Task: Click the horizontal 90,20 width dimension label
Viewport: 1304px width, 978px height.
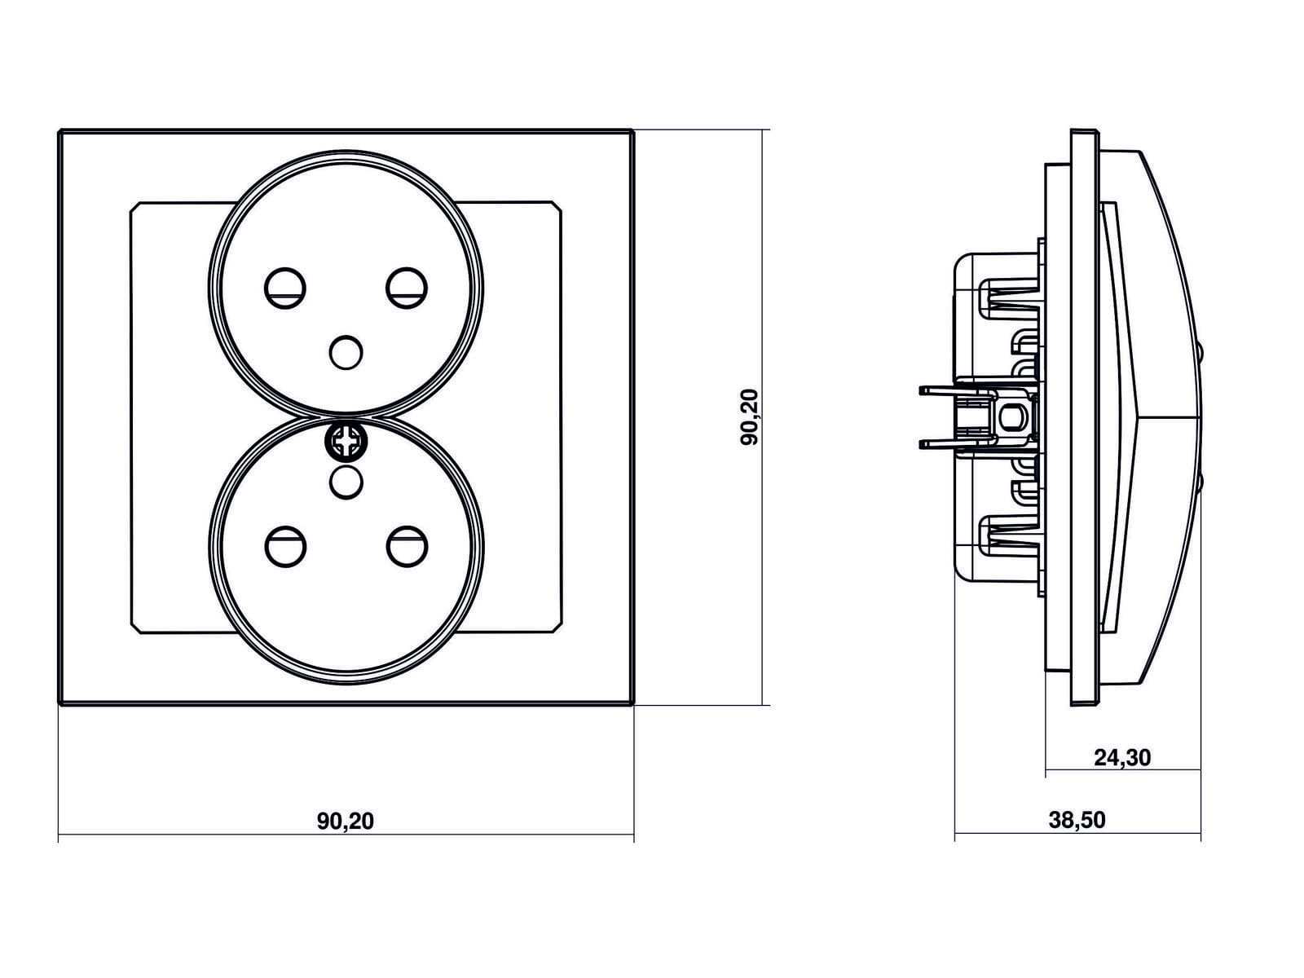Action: click(346, 821)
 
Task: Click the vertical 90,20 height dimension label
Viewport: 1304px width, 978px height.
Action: click(749, 416)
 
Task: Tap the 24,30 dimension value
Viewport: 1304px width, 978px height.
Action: click(1122, 758)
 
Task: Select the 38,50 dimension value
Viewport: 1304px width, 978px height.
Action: click(1077, 820)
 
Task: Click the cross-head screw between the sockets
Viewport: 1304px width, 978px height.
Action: click(346, 441)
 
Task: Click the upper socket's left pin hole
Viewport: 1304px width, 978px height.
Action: click(285, 288)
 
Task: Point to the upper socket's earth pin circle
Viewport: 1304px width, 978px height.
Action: click(346, 351)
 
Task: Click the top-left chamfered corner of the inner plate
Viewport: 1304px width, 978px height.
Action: click(136, 206)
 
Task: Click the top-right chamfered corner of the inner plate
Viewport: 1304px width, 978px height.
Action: click(556, 206)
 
